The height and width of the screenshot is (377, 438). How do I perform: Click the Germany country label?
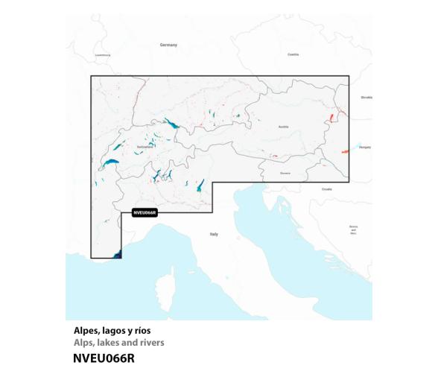click(x=168, y=45)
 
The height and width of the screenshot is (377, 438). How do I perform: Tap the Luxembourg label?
click(x=103, y=55)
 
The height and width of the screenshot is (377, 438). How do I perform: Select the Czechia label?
click(x=293, y=54)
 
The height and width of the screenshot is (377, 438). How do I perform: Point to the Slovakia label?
click(x=366, y=97)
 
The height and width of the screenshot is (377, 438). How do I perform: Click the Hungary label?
click(x=365, y=148)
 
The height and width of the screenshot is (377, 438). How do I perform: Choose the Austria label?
click(x=283, y=127)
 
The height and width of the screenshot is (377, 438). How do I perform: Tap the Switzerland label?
click(x=145, y=146)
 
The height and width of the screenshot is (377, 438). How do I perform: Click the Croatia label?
click(x=327, y=189)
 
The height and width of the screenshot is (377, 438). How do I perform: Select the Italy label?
click(x=214, y=234)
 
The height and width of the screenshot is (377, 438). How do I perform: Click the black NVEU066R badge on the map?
click(x=144, y=212)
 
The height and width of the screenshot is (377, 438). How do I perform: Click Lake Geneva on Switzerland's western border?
click(x=110, y=163)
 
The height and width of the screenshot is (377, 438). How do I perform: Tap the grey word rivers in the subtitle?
click(x=151, y=342)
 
